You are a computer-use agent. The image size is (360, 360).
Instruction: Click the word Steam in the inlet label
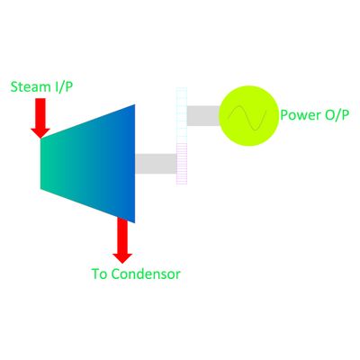[31, 86]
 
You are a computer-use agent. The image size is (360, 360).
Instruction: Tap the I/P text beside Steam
[64, 87]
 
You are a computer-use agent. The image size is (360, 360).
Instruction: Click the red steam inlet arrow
[40, 118]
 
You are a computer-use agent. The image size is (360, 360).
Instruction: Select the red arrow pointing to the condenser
[122, 240]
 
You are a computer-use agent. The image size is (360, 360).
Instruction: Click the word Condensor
[147, 274]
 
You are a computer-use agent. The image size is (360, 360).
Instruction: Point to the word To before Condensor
[101, 274]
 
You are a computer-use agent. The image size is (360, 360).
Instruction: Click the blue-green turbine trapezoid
[87, 164]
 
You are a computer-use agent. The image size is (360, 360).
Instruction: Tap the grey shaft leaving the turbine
[156, 164]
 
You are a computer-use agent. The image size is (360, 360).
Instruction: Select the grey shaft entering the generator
[203, 115]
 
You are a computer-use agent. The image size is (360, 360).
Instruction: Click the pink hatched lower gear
[182, 164]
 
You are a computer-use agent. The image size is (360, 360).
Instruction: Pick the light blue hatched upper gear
[182, 115]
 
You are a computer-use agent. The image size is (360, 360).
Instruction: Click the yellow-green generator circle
[249, 116]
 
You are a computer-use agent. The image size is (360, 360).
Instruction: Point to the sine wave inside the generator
[247, 118]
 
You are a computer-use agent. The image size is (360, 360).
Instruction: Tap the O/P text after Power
[337, 115]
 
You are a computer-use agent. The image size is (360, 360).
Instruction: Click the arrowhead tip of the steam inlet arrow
[40, 139]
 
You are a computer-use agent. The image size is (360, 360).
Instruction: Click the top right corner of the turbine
[135, 104]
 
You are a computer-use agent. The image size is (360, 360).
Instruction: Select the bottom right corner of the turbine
[135, 223]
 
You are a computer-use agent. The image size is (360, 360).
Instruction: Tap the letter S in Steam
[13, 87]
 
